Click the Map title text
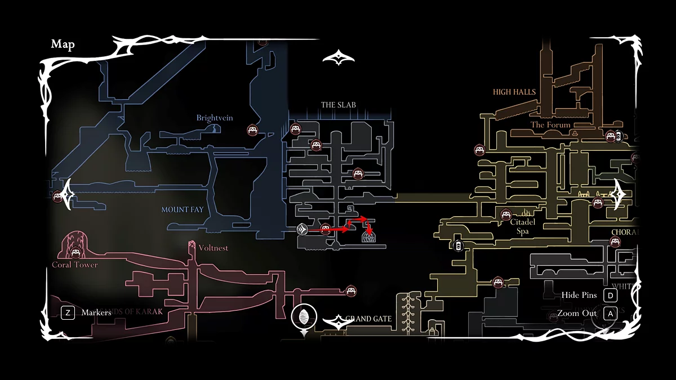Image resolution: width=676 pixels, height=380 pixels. click(63, 44)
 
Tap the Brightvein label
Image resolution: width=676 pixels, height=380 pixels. click(215, 118)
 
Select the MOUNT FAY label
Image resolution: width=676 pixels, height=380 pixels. click(183, 209)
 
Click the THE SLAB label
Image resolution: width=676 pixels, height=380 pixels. click(338, 105)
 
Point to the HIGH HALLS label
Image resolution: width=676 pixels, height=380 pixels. click(514, 92)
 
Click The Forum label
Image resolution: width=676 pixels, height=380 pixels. click(550, 124)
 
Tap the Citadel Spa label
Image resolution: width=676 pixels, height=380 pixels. click(522, 227)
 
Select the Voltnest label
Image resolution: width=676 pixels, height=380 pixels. click(214, 248)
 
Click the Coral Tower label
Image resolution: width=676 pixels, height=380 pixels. click(75, 265)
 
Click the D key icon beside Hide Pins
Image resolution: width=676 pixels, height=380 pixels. click(610, 295)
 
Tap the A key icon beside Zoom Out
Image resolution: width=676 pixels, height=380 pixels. click(610, 314)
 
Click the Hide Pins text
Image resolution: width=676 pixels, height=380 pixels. click(579, 295)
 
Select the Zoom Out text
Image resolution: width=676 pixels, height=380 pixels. click(577, 314)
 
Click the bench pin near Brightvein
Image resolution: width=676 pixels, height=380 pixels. click(252, 130)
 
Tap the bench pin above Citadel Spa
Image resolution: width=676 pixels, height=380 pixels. click(506, 214)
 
